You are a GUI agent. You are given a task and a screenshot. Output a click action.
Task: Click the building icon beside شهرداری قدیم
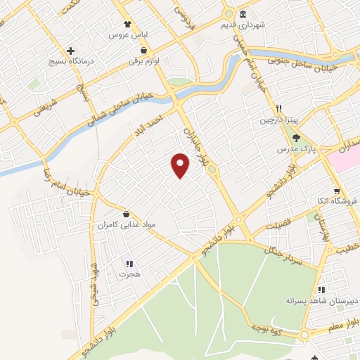[243, 15]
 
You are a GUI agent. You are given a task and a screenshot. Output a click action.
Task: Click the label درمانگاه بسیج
[71, 61]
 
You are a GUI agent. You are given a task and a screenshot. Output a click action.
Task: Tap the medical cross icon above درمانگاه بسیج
[71, 51]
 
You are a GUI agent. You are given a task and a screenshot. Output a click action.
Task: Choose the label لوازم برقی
[144, 61]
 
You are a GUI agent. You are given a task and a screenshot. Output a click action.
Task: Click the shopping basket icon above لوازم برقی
[144, 51]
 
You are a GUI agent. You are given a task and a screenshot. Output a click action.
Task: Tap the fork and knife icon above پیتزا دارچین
[279, 109]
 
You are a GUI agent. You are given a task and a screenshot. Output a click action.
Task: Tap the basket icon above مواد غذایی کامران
[126, 214]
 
